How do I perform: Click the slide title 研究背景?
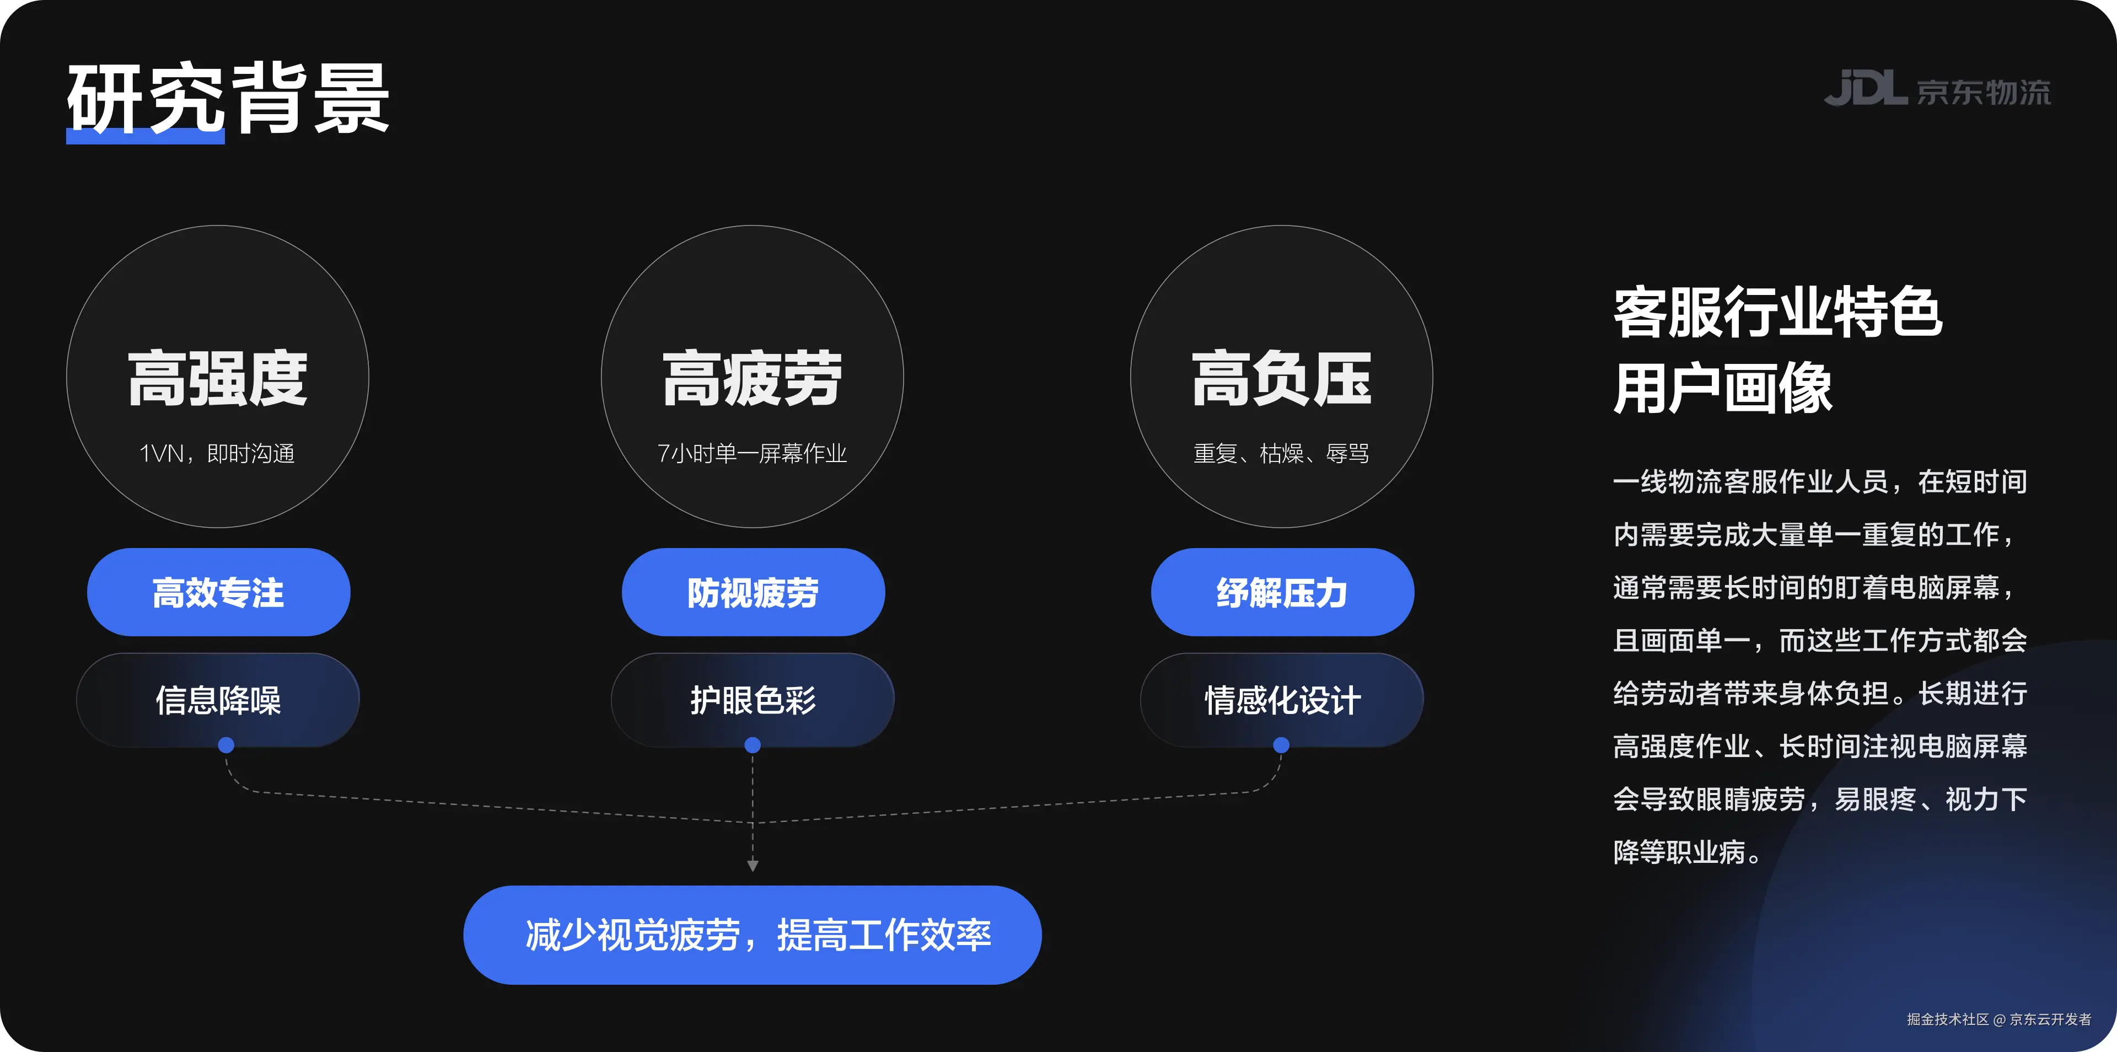click(x=228, y=99)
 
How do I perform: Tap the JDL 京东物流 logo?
click(x=1937, y=89)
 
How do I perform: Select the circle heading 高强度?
click(x=218, y=379)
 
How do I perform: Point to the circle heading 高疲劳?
click(x=752, y=379)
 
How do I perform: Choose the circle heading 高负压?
click(x=1281, y=379)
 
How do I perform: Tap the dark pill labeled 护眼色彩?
click(x=753, y=700)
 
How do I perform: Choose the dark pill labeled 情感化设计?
click(x=1282, y=700)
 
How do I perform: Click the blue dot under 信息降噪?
click(x=226, y=745)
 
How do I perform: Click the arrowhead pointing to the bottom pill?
click(x=753, y=866)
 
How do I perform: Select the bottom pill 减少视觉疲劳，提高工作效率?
click(x=753, y=935)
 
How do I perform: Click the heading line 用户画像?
click(x=1722, y=388)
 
